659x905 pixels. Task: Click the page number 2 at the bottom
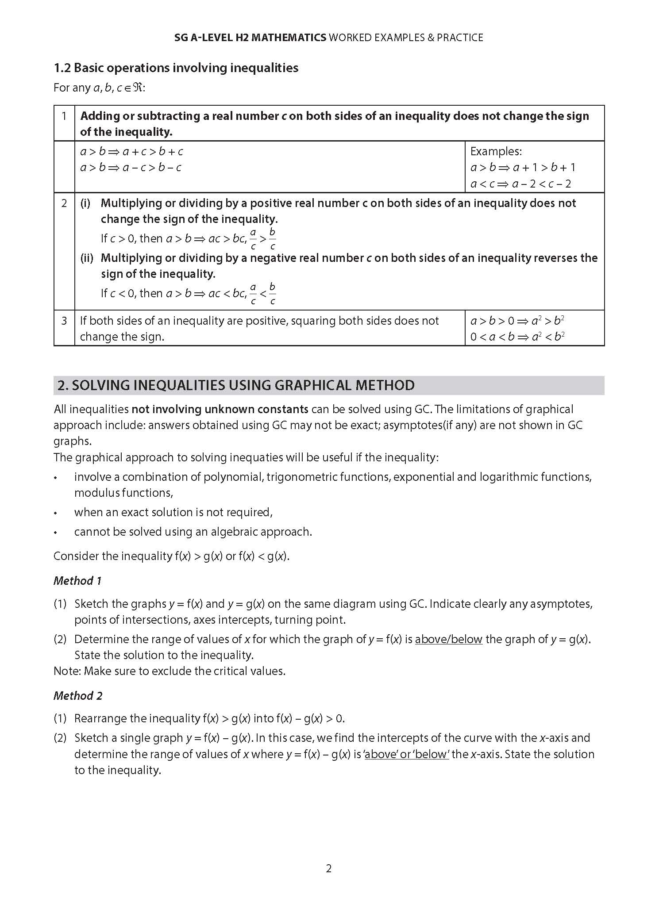328,868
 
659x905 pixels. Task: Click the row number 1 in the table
64,116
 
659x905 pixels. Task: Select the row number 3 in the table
64,321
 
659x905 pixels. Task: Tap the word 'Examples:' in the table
496,151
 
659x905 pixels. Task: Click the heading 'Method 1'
77,581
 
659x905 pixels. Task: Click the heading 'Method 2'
77,696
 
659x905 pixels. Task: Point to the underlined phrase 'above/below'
448,639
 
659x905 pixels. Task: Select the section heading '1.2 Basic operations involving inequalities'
176,68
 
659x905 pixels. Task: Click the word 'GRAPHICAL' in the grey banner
313,385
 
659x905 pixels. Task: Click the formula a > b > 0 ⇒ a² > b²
517,321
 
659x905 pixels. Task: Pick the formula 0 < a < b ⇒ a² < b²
517,337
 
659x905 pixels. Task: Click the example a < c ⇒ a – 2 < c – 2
520,184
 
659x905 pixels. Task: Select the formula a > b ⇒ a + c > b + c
131,152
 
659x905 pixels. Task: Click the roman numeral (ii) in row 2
86,258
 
